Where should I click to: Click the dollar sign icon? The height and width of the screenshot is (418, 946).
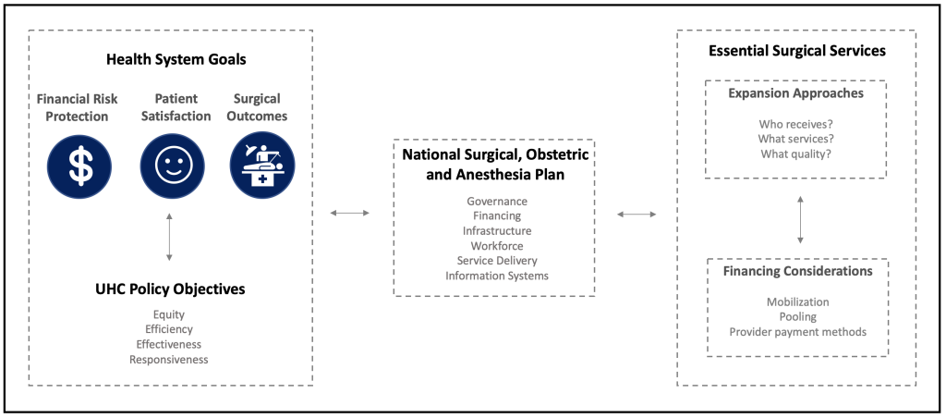(79, 166)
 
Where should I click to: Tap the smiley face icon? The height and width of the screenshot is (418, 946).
(171, 166)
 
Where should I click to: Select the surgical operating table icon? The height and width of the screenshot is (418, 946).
(262, 166)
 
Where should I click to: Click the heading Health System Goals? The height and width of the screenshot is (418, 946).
(176, 60)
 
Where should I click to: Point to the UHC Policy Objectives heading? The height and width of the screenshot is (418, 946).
(170, 289)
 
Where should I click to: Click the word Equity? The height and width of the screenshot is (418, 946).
(169, 314)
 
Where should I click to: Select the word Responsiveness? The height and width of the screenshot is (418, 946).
(169, 360)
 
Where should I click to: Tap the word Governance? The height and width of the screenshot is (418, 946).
(497, 202)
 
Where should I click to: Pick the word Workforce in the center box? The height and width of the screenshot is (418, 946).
(497, 246)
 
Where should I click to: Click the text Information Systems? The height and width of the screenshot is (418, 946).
(497, 277)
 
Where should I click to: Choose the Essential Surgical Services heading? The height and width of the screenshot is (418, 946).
(797, 51)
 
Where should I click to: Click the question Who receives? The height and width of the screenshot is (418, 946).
(796, 125)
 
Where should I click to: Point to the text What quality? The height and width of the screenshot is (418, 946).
(796, 154)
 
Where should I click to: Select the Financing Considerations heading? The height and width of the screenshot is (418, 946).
(797, 271)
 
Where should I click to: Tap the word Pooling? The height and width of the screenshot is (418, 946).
(797, 316)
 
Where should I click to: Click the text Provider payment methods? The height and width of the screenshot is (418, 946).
(797, 332)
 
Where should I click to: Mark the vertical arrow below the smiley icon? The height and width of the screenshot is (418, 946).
(170, 237)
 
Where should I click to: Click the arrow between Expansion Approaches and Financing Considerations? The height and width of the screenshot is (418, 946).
(800, 219)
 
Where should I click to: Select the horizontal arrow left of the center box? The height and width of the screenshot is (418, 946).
(350, 213)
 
